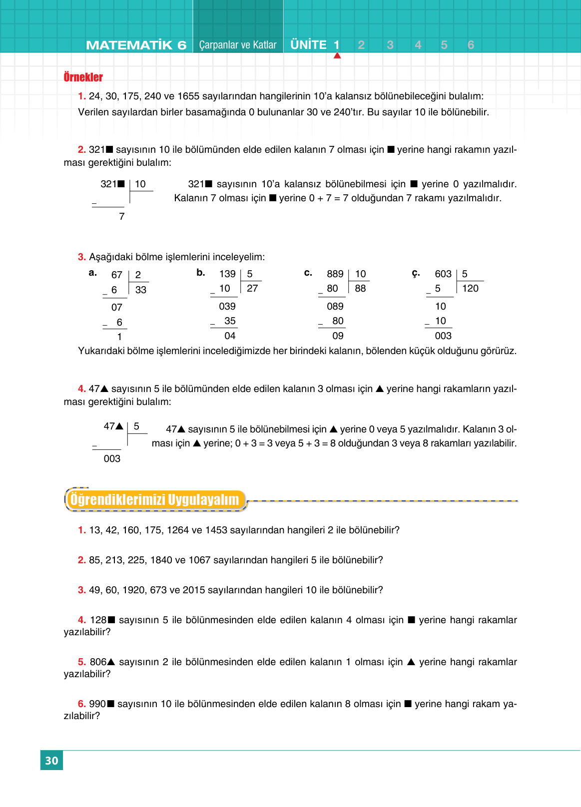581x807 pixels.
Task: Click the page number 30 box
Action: coord(51,760)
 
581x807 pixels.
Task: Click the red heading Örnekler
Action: coord(83,77)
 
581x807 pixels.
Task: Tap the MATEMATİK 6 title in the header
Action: coord(136,45)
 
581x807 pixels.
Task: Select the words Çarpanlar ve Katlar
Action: coord(237,45)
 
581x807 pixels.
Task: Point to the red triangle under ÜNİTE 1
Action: coord(337,55)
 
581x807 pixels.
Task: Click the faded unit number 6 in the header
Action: coord(471,45)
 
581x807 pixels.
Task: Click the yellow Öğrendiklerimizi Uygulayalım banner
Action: coord(155,499)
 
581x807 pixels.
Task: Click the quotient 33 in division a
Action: coord(141,290)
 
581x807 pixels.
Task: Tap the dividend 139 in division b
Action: coord(227,274)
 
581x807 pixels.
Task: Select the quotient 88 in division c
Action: coord(360,288)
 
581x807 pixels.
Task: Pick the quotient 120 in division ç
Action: coord(470,288)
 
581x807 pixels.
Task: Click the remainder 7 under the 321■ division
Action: coord(121,216)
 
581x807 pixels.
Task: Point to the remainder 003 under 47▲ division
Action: coord(112,458)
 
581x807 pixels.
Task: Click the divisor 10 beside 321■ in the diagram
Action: coord(140,184)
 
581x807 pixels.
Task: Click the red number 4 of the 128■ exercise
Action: coord(82,620)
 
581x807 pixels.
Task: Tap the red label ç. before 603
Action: coord(416,273)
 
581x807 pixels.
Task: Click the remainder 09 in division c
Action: coord(338,336)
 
